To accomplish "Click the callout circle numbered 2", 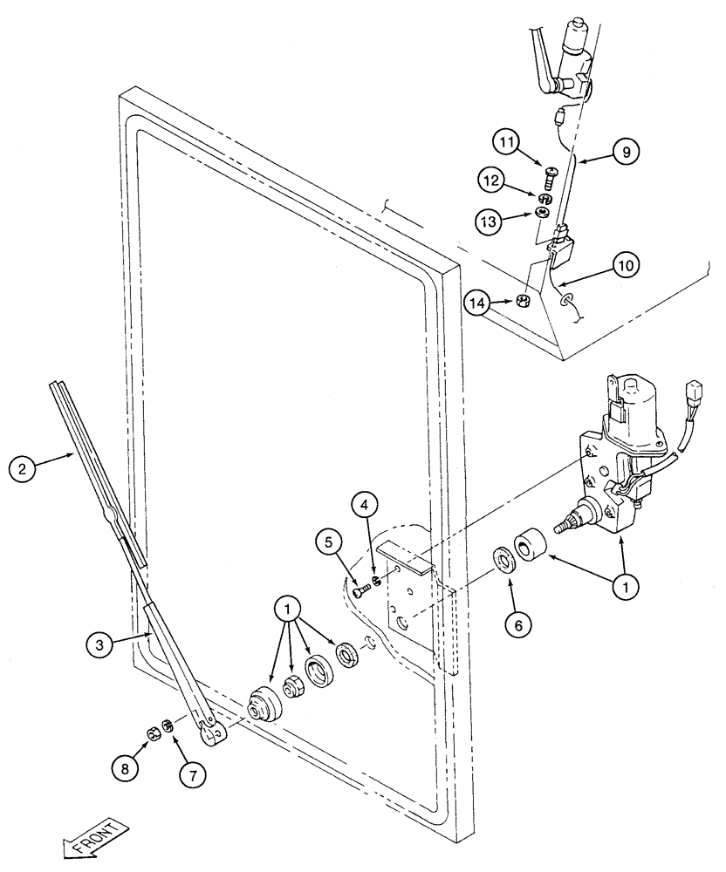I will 24,469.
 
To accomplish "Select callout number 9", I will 624,152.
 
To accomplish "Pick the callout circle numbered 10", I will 626,262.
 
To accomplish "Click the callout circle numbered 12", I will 490,181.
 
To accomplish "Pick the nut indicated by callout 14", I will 524,301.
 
